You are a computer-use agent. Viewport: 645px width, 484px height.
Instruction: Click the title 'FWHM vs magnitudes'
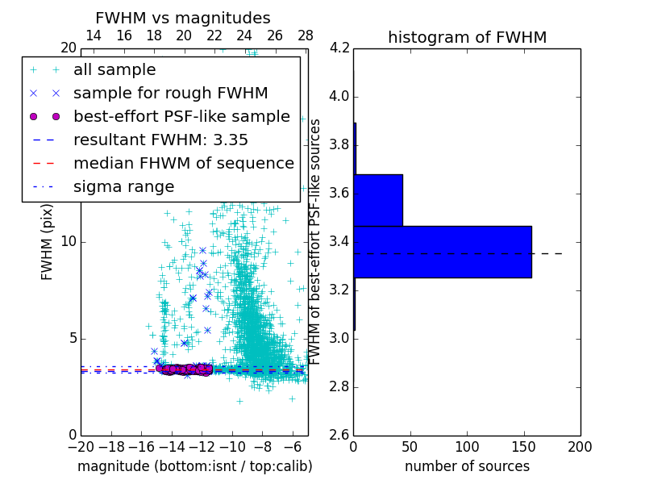coord(183,18)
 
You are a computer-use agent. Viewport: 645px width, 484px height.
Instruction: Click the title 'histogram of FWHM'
coord(467,37)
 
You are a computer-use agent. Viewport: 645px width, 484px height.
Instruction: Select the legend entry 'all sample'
coord(114,69)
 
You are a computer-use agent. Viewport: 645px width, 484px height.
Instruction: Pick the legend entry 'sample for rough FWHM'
coord(170,93)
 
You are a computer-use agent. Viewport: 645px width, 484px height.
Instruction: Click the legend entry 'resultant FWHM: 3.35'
coord(160,140)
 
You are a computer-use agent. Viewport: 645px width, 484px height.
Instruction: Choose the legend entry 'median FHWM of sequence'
coord(183,163)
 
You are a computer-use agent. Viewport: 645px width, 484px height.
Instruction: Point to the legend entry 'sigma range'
coord(123,186)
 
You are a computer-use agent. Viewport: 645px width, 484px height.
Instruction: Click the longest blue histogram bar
coord(442,252)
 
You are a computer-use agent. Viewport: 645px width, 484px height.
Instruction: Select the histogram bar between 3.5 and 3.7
coord(378,200)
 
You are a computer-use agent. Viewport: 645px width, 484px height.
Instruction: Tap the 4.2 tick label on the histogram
coord(339,48)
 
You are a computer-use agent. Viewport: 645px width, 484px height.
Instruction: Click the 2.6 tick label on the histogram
coord(339,435)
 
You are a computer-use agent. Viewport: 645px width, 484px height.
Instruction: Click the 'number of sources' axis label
coord(467,466)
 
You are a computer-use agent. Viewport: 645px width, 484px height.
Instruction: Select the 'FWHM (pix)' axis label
coord(48,241)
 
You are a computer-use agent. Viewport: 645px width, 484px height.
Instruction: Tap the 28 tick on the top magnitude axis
coord(306,35)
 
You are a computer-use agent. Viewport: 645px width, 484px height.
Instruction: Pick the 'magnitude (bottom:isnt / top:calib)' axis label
coord(194,466)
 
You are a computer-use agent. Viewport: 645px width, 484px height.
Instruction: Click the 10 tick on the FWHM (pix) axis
coord(69,241)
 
